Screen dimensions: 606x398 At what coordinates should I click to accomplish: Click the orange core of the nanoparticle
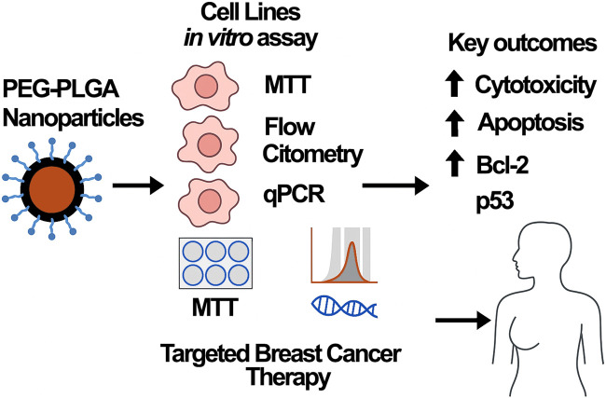tap(52, 189)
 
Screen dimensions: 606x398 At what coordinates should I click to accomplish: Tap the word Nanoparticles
tap(74, 117)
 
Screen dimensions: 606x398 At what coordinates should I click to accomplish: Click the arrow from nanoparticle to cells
tap(138, 185)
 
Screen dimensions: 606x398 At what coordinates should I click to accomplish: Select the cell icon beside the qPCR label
tap(209, 202)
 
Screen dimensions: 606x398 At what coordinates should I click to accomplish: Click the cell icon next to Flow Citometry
tap(209, 144)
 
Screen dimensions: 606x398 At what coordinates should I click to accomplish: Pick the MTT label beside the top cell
tap(287, 85)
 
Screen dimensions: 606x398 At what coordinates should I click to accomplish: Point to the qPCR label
tap(294, 194)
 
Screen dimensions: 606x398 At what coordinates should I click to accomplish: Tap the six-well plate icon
tap(215, 263)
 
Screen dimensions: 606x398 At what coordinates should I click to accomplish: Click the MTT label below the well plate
tap(214, 308)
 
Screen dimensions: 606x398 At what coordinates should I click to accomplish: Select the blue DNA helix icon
tap(344, 306)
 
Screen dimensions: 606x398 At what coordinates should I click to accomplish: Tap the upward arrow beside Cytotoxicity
tap(454, 85)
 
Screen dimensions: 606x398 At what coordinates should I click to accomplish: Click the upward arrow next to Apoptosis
tap(454, 123)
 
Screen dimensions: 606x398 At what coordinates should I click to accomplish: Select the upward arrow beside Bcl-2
tap(455, 164)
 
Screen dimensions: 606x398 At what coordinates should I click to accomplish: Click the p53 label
tap(495, 201)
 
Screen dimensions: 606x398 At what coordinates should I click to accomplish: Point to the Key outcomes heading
tap(522, 43)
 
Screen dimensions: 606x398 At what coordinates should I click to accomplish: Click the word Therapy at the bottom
tap(289, 377)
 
